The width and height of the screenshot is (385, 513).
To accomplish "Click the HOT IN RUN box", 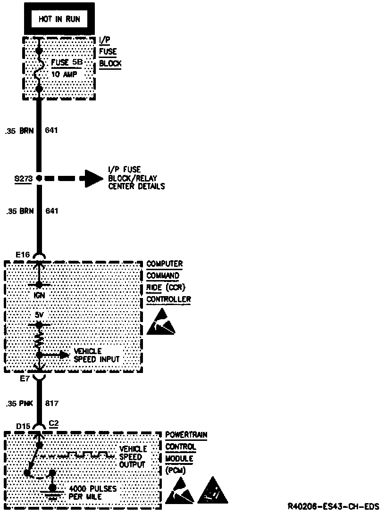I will (59, 19).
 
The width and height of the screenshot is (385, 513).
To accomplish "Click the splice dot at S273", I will (39, 178).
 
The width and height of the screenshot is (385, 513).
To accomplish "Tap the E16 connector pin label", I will (22, 255).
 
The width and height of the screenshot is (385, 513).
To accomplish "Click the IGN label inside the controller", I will (39, 296).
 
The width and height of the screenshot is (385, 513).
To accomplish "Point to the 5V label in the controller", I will (39, 314).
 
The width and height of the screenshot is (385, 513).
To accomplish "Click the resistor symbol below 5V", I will (39, 339).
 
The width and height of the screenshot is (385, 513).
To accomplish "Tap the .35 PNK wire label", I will (19, 404).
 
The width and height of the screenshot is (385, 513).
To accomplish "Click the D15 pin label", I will (23, 426).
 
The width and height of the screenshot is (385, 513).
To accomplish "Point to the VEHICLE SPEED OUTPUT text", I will (133, 456).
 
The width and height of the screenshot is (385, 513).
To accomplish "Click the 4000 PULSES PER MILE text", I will (92, 493).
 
